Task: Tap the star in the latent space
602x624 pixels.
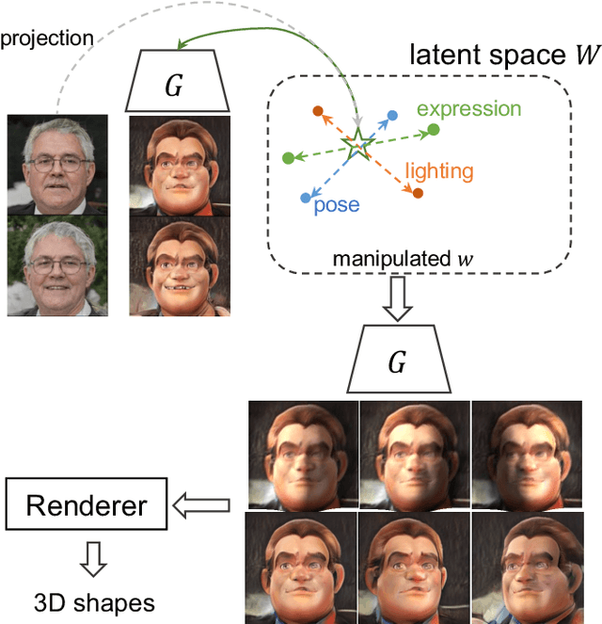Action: [356, 146]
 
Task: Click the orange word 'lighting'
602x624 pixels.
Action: [439, 171]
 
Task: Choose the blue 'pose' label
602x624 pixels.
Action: [337, 203]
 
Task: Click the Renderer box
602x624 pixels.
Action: [87, 506]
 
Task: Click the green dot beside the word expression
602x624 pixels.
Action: [433, 129]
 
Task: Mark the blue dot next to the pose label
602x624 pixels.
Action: [305, 198]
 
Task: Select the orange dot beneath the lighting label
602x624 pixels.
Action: [418, 194]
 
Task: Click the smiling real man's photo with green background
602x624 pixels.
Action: [57, 265]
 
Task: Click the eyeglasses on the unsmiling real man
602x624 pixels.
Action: [57, 164]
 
